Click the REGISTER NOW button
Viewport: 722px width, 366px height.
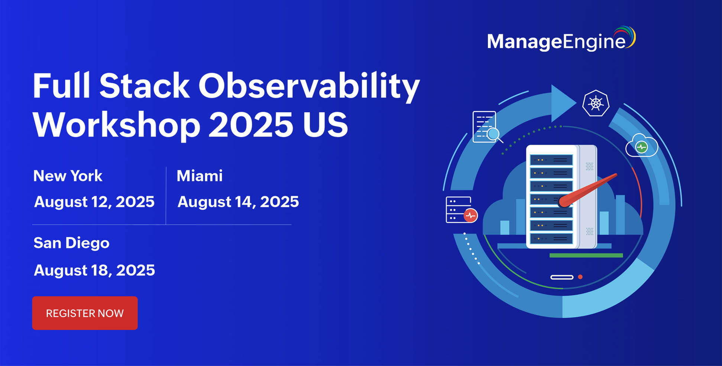tap(85, 313)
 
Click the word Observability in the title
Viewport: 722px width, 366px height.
tap(309, 86)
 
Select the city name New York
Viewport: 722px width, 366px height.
tap(68, 176)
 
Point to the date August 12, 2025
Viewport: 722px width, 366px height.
tap(94, 202)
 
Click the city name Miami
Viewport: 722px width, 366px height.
tap(200, 176)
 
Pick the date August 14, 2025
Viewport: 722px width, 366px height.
tap(238, 202)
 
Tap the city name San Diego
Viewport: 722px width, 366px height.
tap(71, 243)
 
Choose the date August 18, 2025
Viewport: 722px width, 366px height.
tap(94, 270)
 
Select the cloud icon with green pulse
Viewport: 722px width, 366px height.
tap(642, 146)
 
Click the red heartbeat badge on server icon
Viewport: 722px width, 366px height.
tap(470, 215)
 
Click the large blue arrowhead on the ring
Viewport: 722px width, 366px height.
tap(562, 103)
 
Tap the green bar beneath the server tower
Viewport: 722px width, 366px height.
tap(586, 256)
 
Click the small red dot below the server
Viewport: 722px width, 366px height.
tap(580, 277)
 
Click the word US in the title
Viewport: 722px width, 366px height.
tap(326, 125)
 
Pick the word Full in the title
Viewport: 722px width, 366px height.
tap(62, 86)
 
